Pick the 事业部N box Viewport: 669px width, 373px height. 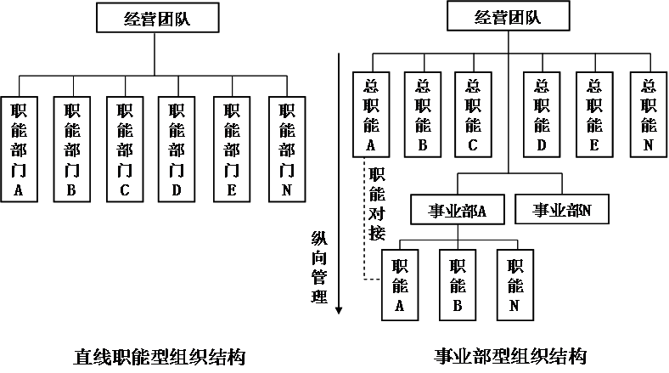pos(561,209)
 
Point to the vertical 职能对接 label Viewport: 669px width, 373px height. pos(376,202)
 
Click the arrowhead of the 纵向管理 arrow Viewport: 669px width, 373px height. pos(339,309)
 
